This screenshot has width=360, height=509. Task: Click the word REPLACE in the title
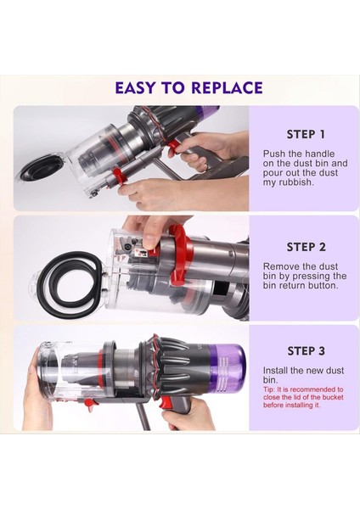click(227, 88)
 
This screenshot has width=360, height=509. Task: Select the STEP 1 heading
click(306, 134)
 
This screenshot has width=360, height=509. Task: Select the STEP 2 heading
click(306, 247)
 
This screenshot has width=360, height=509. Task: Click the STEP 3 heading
click(306, 351)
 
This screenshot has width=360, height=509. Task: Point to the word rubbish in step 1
click(294, 182)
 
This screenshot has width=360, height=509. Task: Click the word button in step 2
click(321, 286)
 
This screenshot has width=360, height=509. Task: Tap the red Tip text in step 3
click(303, 397)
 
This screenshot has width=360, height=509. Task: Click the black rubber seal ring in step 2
click(69, 279)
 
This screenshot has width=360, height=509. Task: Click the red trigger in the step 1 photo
click(174, 148)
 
